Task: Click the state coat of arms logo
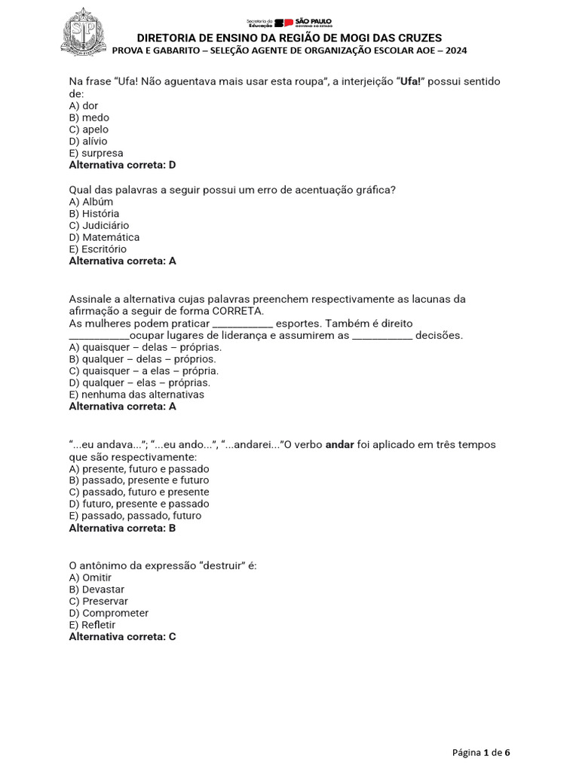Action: pyautogui.click(x=84, y=32)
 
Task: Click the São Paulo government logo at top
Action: pyautogui.click(x=289, y=23)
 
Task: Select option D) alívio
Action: pyautogui.click(x=88, y=141)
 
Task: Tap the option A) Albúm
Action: pyautogui.click(x=91, y=202)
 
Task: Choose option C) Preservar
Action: pyautogui.click(x=99, y=602)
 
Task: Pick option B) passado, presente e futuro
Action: pyautogui.click(x=139, y=480)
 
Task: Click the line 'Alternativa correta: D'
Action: pyautogui.click(x=122, y=165)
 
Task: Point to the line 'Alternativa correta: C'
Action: pyautogui.click(x=122, y=637)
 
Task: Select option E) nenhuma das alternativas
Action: pyautogui.click(x=136, y=395)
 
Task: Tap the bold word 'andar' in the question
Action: pyautogui.click(x=339, y=444)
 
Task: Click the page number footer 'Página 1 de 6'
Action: pyautogui.click(x=481, y=752)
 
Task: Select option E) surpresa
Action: pyautogui.click(x=96, y=153)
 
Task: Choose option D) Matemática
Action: pyautogui.click(x=104, y=237)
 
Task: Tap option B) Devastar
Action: pyautogui.click(x=96, y=590)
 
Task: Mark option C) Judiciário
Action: pyautogui.click(x=99, y=225)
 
